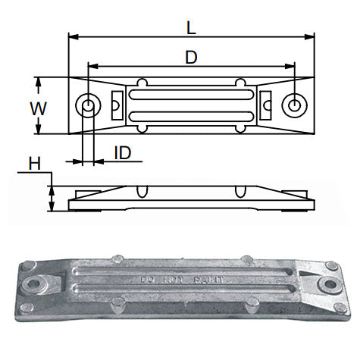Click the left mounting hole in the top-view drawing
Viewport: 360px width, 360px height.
click(x=89, y=105)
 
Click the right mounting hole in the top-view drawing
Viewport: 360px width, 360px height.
click(x=293, y=105)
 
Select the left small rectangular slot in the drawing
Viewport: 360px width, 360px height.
click(x=117, y=105)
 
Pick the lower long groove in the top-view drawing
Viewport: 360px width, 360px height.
click(x=190, y=116)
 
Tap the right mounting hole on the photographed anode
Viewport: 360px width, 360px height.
click(x=329, y=286)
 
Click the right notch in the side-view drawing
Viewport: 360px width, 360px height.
click(x=241, y=190)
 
